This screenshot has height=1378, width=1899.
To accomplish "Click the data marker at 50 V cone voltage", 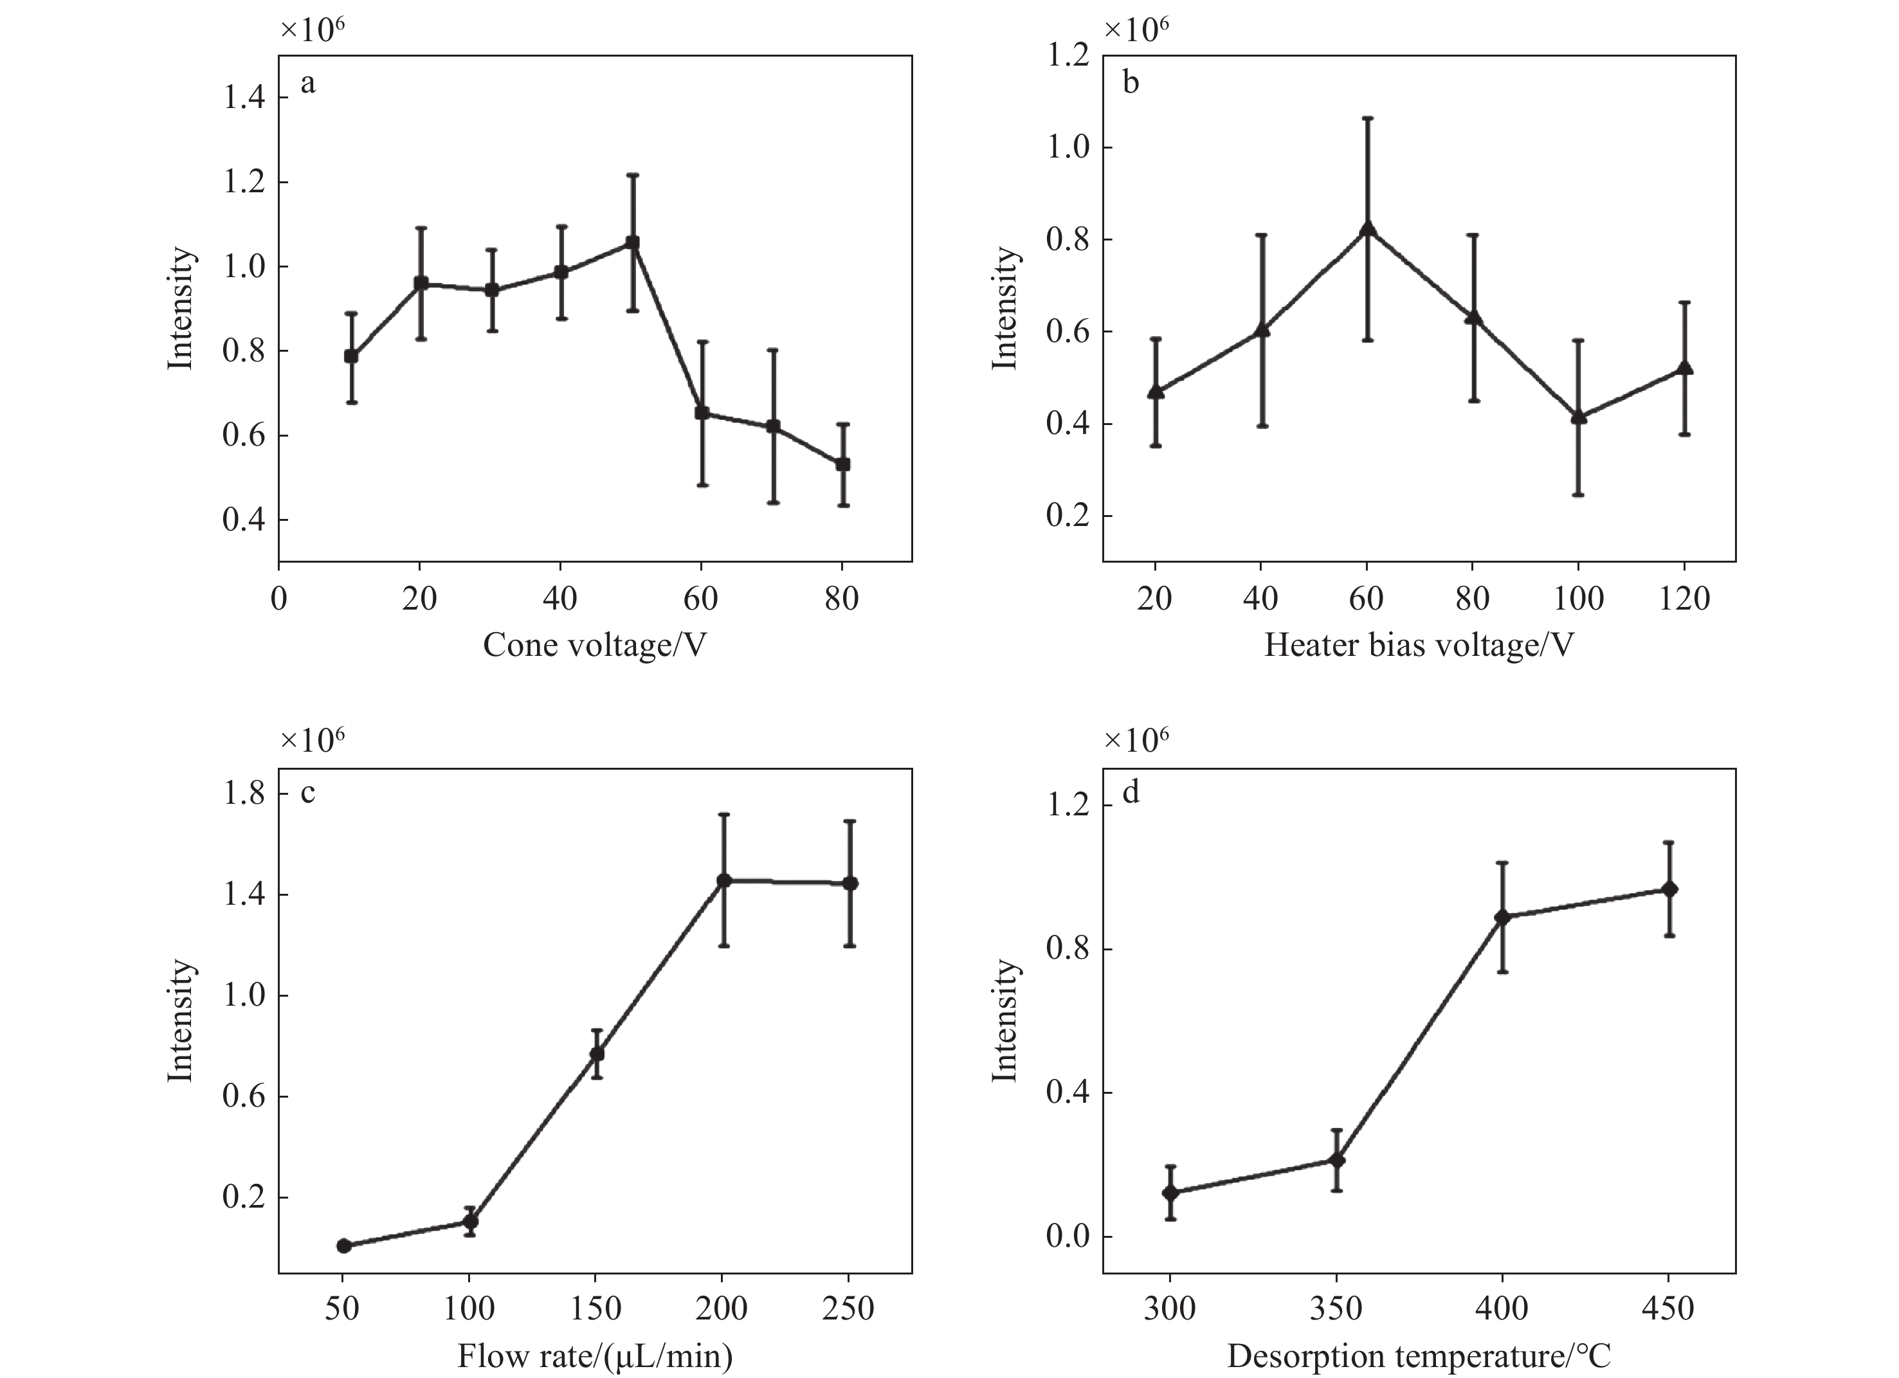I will pyautogui.click(x=632, y=243).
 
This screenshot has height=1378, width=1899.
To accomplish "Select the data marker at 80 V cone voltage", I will pyautogui.click(x=843, y=464).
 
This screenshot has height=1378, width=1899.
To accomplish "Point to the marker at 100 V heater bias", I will pyautogui.click(x=1578, y=416).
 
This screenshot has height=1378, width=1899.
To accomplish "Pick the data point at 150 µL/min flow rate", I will pyautogui.click(x=597, y=1053).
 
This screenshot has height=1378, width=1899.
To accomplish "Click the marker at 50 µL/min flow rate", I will pyautogui.click(x=343, y=1246).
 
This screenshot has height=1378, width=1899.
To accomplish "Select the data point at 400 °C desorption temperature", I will pyautogui.click(x=1503, y=917).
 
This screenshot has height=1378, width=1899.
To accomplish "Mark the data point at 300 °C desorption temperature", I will pyautogui.click(x=1170, y=1192).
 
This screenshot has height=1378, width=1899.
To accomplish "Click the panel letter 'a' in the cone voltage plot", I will pyautogui.click(x=308, y=84).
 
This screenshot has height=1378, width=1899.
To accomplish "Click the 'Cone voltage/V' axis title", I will pyautogui.click(x=594, y=646).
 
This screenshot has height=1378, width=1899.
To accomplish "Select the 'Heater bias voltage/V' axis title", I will pyautogui.click(x=1419, y=646).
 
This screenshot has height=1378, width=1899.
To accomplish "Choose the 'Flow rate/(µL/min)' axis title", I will pyautogui.click(x=594, y=1356).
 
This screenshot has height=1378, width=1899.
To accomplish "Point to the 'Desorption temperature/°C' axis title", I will pyautogui.click(x=1419, y=1356).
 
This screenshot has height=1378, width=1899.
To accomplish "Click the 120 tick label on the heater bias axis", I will pyautogui.click(x=1684, y=599).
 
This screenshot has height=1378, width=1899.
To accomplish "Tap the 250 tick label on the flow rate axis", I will pyautogui.click(x=849, y=1309).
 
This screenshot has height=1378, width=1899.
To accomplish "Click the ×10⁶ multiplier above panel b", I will pyautogui.click(x=1136, y=30).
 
